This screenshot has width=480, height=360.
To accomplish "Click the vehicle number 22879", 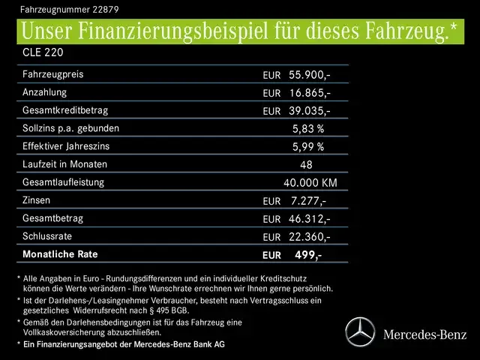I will pos(102,10).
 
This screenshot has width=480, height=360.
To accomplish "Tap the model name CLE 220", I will pos(43,53).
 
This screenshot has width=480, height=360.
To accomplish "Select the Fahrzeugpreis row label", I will pos(52,75).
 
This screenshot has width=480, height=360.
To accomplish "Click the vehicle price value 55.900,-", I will pos(309,75).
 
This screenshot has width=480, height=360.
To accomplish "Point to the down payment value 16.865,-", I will pos(309,93).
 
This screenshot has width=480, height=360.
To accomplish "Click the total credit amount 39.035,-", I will pos(309,111).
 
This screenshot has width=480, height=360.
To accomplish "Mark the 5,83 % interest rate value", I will pos(308,129).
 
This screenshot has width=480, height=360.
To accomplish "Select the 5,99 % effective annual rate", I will pos(308,147).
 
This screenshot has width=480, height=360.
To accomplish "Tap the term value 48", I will pos(306,165).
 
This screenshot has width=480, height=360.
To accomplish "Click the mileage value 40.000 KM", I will pos(310,183).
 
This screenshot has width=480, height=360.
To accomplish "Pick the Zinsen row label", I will pos(38,200).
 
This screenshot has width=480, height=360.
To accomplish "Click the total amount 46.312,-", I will pos(309,219).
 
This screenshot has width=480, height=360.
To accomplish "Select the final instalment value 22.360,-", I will pos(309,237).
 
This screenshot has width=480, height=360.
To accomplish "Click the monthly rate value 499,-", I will pos(308,255).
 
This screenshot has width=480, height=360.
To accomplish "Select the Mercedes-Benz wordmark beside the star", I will pos(424,333).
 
